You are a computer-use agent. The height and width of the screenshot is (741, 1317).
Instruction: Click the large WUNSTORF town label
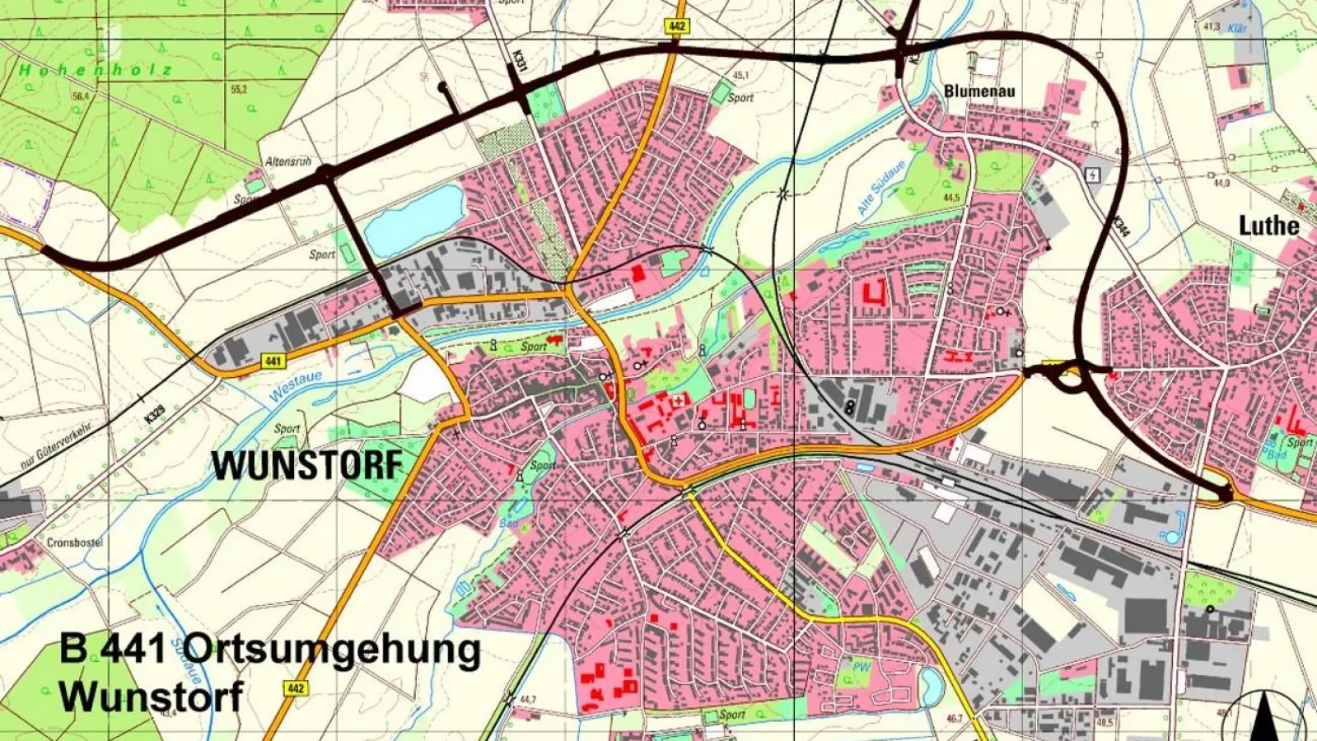point(307,466)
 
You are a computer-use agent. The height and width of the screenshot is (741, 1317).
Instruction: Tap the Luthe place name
point(1268,226)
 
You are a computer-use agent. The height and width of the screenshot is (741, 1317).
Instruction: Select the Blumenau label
point(979,91)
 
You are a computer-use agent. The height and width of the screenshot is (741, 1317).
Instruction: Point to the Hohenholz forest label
point(96,71)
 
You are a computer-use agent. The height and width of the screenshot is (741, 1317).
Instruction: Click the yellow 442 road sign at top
point(676,26)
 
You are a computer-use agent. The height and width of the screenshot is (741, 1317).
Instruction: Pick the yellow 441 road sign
point(273,361)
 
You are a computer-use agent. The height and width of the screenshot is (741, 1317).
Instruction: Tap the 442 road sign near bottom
point(296,687)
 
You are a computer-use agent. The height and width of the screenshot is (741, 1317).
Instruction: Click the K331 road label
point(518,63)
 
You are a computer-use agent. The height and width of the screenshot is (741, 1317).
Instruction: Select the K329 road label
point(153,414)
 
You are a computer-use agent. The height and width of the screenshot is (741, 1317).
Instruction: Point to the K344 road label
point(1120,227)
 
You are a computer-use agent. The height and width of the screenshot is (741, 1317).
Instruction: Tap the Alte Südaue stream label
point(881,188)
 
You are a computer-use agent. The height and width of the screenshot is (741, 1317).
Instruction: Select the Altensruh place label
point(288,161)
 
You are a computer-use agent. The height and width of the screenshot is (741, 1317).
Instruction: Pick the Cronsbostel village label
point(74,543)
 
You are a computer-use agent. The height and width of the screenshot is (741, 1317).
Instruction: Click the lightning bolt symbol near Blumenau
point(1093,175)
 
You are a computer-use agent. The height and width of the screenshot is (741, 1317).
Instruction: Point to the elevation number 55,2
point(239,89)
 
